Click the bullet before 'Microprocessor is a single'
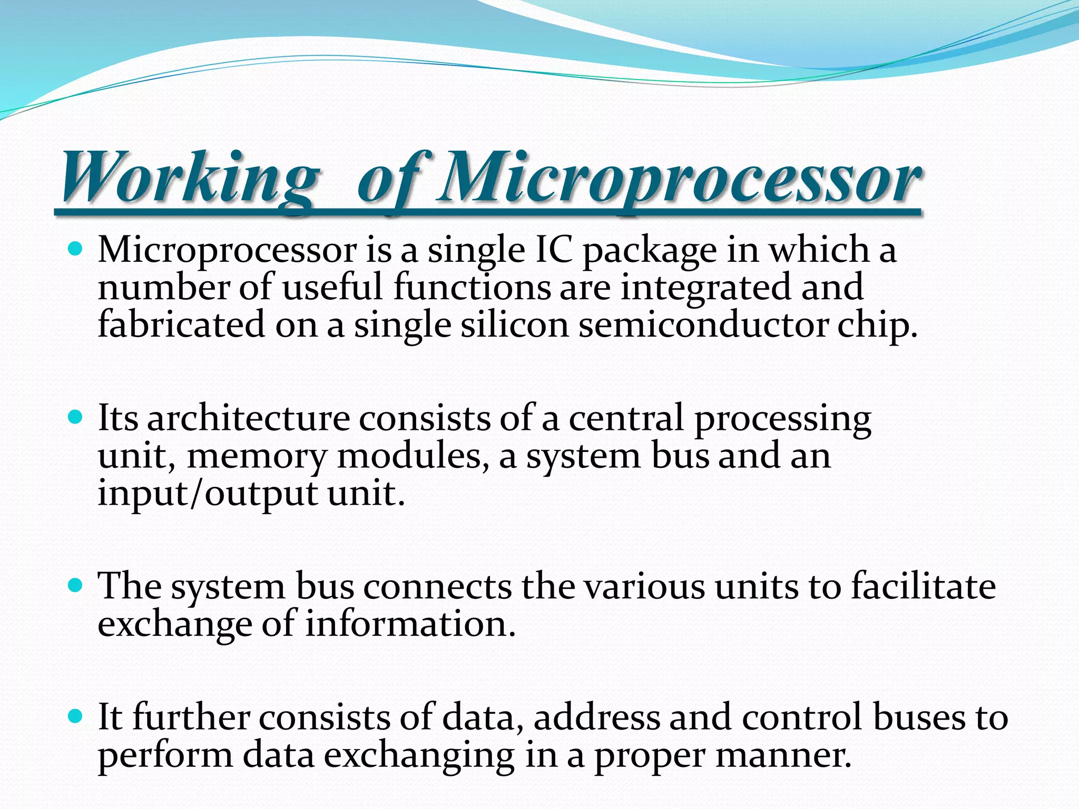tap(76, 248)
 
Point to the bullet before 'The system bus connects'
tap(76, 585)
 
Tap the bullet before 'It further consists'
tap(76, 716)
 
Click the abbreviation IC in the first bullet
tap(553, 250)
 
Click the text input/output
tap(208, 494)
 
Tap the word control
tap(801, 717)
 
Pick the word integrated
tap(705, 288)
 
